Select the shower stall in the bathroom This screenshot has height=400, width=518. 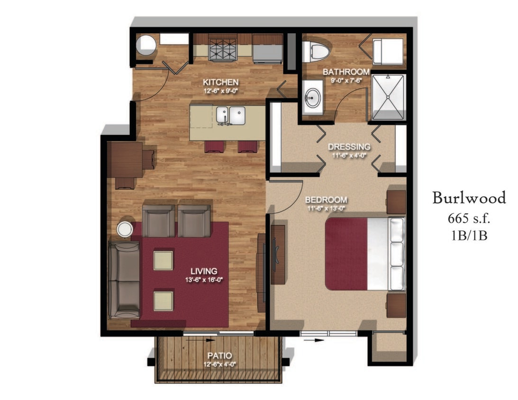pyautogui.click(x=388, y=97)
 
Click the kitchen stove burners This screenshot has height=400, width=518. pyautogui.click(x=222, y=47)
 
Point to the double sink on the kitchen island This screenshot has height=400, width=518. pyautogui.click(x=231, y=115)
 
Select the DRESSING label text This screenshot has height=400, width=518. pyautogui.click(x=349, y=146)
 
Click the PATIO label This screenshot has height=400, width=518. pyautogui.click(x=219, y=355)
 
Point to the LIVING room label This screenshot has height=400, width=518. pyautogui.click(x=204, y=271)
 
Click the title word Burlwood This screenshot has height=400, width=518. pyautogui.click(x=469, y=198)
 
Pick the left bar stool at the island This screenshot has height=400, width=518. pyautogui.click(x=213, y=146)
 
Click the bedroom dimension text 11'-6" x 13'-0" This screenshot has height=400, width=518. pyautogui.click(x=326, y=207)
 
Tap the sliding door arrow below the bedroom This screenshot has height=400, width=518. pyautogui.click(x=314, y=340)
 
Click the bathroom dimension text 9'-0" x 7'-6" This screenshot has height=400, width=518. pyautogui.click(x=346, y=80)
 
